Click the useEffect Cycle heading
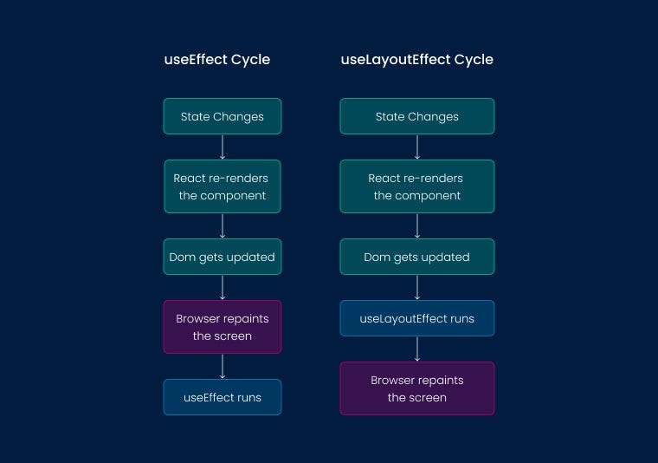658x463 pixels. [x=217, y=60]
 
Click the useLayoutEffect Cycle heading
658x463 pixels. [x=416, y=60]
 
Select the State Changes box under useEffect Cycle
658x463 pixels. [x=223, y=116]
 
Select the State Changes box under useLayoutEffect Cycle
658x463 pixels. [x=416, y=116]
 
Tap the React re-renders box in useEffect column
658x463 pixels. [x=223, y=186]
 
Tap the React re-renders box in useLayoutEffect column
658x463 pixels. [x=416, y=186]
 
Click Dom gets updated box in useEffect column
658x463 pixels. [x=223, y=257]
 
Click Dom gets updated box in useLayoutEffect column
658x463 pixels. [x=416, y=257]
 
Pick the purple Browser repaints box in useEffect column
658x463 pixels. [x=223, y=327]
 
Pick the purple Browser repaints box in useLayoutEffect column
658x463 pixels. [x=416, y=388]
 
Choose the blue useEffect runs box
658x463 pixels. [x=223, y=397]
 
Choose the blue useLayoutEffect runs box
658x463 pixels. [x=416, y=318]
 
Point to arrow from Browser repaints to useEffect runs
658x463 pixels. [x=223, y=366]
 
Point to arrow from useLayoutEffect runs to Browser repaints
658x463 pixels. [x=417, y=349]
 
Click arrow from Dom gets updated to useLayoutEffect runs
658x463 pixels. [x=417, y=287]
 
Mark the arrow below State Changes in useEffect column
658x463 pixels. [x=223, y=147]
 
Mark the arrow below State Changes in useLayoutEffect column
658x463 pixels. [x=417, y=147]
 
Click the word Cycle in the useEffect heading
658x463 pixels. [x=250, y=60]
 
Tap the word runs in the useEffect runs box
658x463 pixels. [x=246, y=397]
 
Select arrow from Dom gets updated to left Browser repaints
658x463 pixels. [x=223, y=287]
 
